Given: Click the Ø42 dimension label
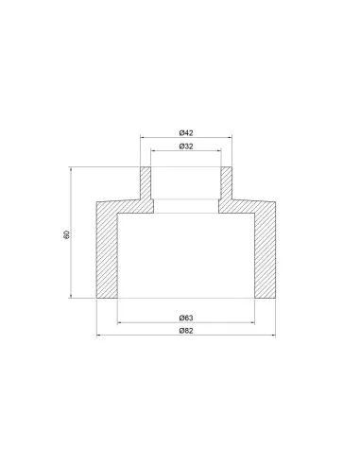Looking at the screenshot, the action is click(186, 133).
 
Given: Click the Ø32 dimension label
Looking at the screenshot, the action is click(186, 146).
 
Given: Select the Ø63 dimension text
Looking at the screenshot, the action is click(186, 318).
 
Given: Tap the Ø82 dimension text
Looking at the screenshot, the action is click(186, 331).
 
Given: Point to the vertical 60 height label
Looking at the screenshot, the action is click(66, 234).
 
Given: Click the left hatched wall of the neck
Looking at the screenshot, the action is click(146, 183).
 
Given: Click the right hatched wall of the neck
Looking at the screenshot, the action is click(227, 183).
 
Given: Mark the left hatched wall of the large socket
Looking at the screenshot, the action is click(107, 255).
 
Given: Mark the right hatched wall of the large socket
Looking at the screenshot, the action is click(266, 255).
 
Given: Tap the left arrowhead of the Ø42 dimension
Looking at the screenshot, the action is click(143, 137).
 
